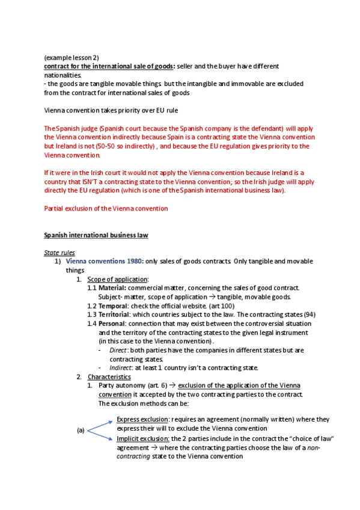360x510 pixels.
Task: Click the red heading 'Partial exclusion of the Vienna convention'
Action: pyautogui.click(x=106, y=208)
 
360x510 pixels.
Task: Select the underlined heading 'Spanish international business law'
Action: pyautogui.click(x=96, y=235)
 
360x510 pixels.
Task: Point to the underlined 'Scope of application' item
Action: pyautogui.click(x=117, y=279)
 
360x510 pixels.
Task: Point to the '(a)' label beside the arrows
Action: pyautogui.click(x=81, y=430)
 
